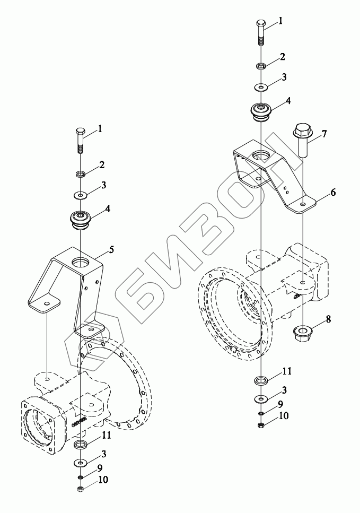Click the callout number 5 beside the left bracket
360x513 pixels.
pos(111,250)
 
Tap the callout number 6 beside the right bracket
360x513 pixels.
pos(333,193)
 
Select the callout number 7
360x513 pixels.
pos(323,134)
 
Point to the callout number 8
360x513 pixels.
pos(328,319)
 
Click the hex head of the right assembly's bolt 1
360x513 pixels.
pos(261,24)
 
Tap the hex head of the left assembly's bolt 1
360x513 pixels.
pos(80,132)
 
